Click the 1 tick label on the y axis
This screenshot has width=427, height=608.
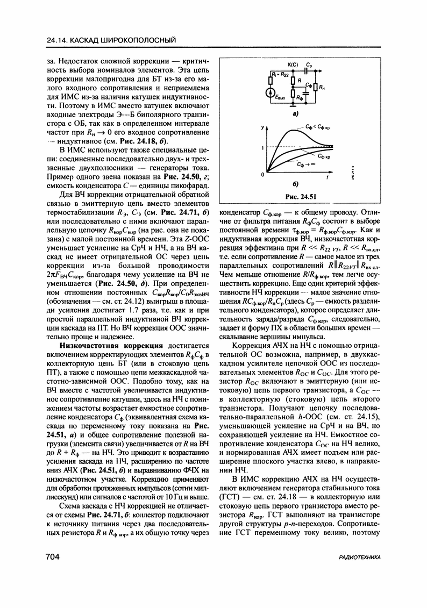coord(264,147)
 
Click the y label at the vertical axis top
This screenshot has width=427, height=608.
coord(264,127)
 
